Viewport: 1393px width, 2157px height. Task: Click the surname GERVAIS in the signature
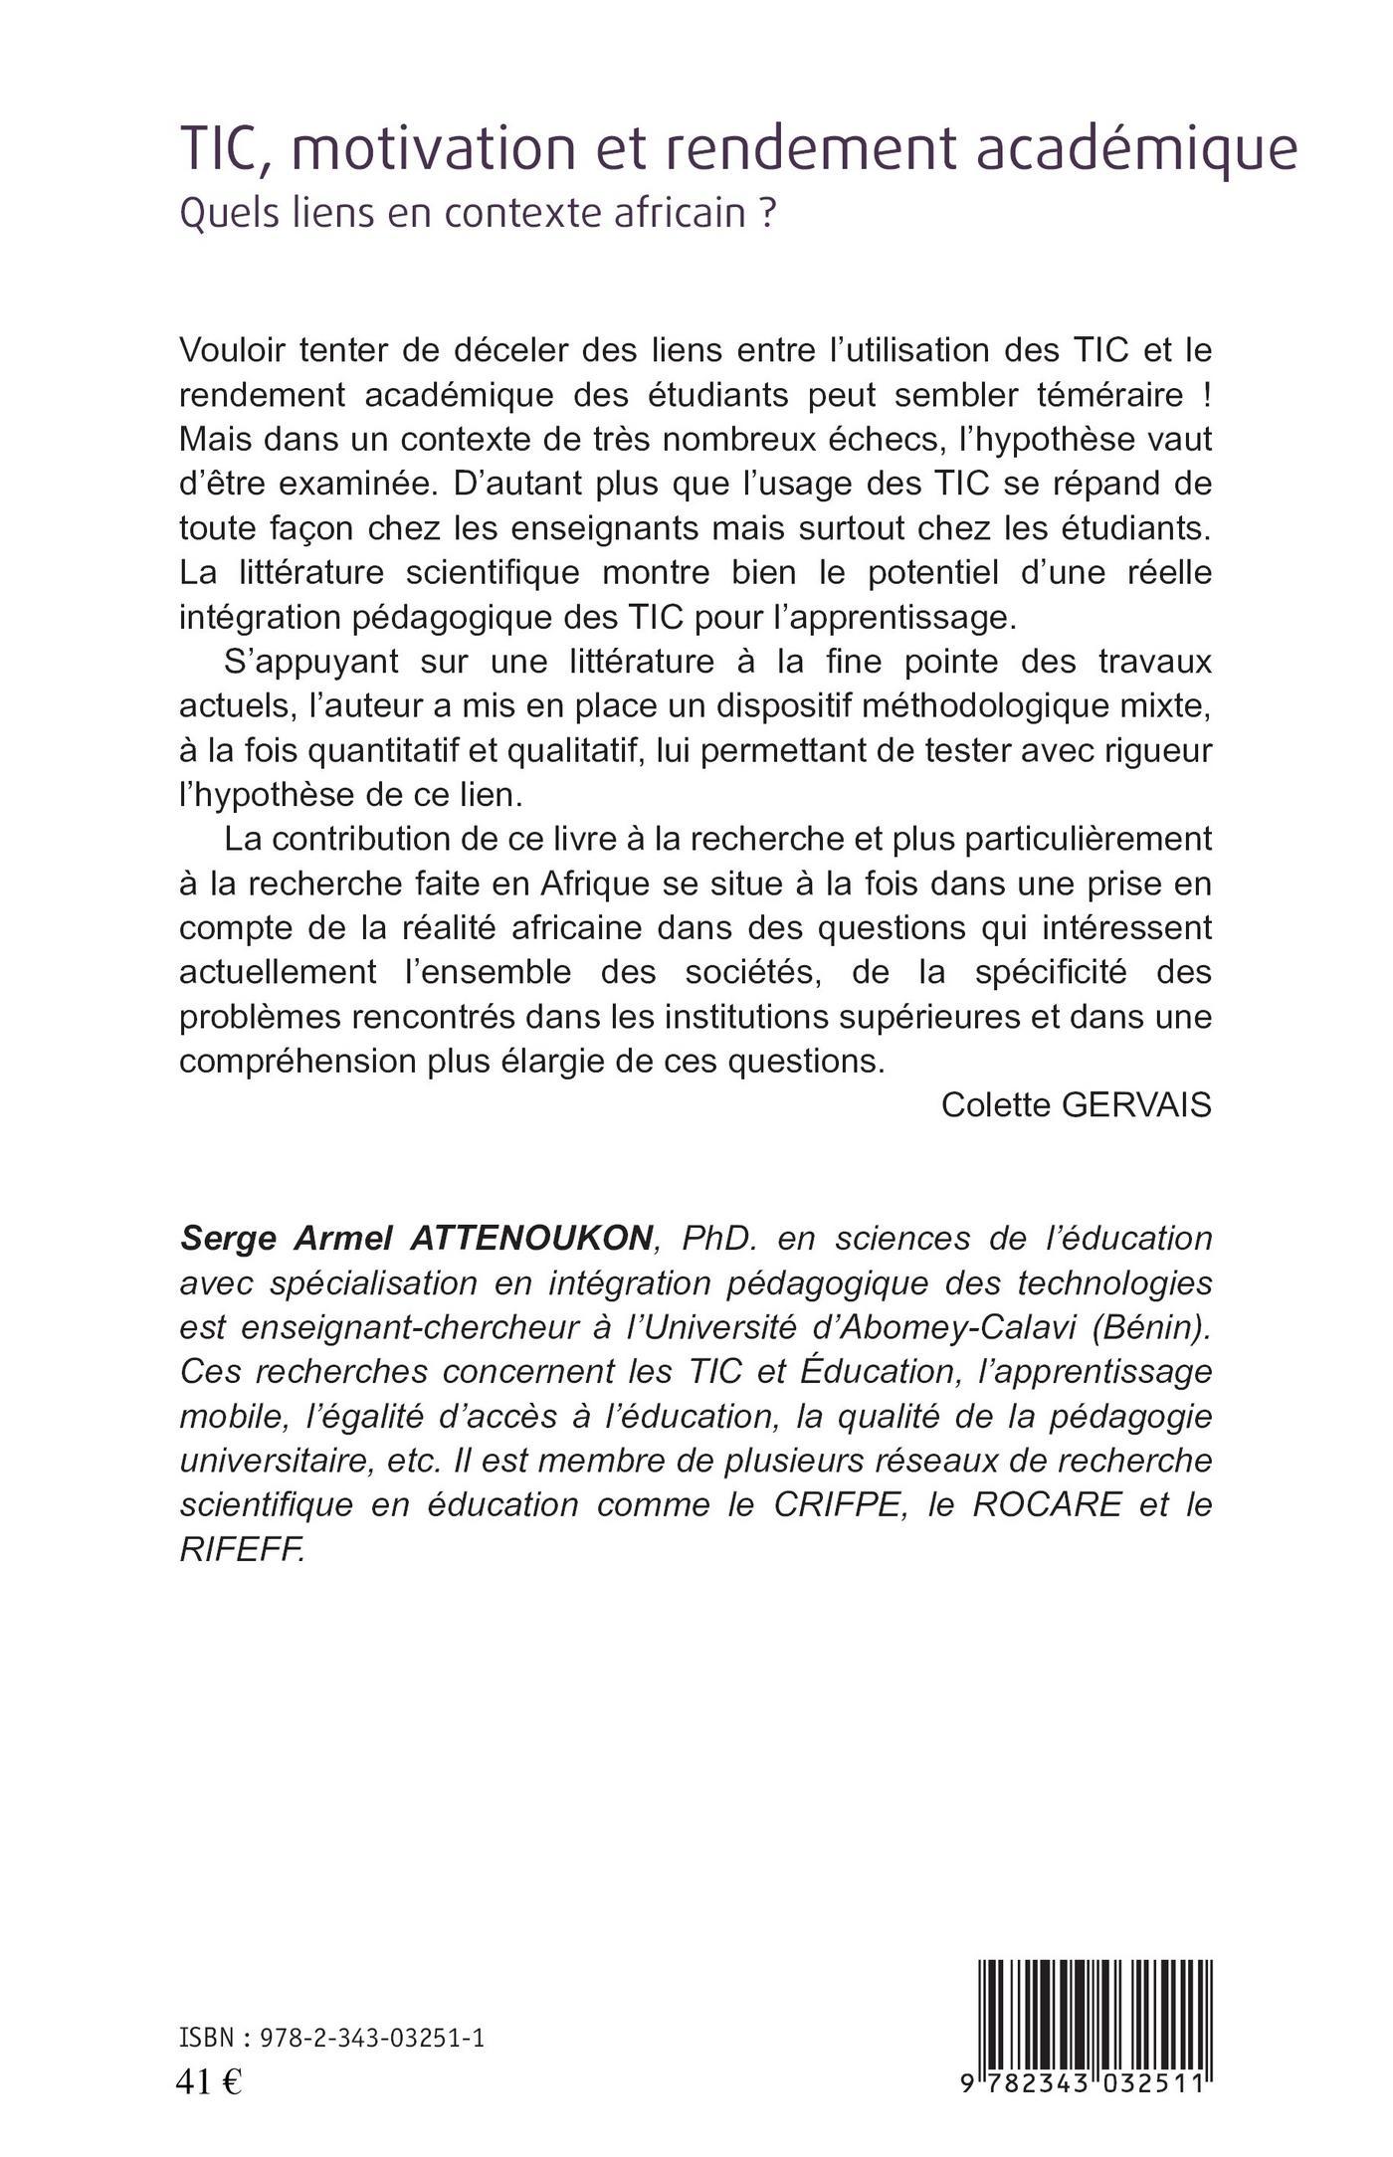coord(1137,1105)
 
